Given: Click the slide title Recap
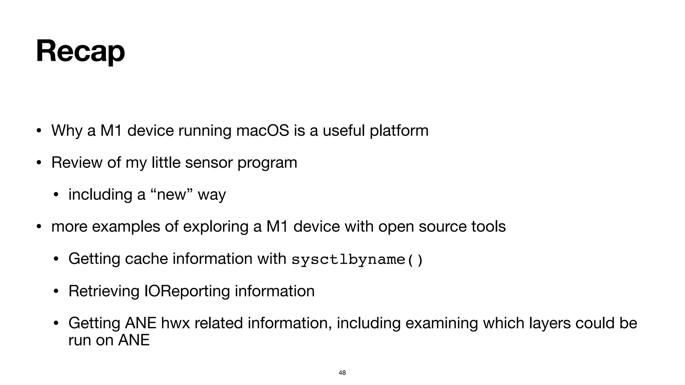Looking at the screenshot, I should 80,51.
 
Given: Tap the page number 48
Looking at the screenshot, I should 342,373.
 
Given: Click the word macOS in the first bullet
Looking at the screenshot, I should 263,130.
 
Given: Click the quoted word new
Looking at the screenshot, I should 171,195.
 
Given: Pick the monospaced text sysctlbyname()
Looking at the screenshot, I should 358,260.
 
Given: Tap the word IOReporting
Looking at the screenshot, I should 187,291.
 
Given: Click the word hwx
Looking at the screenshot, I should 175,323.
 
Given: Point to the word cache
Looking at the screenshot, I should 146,259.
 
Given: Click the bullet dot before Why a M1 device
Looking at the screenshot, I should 39,131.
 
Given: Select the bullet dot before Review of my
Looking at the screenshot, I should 39,163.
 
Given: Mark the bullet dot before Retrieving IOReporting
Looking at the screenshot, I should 56,291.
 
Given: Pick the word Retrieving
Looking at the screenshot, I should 104,291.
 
